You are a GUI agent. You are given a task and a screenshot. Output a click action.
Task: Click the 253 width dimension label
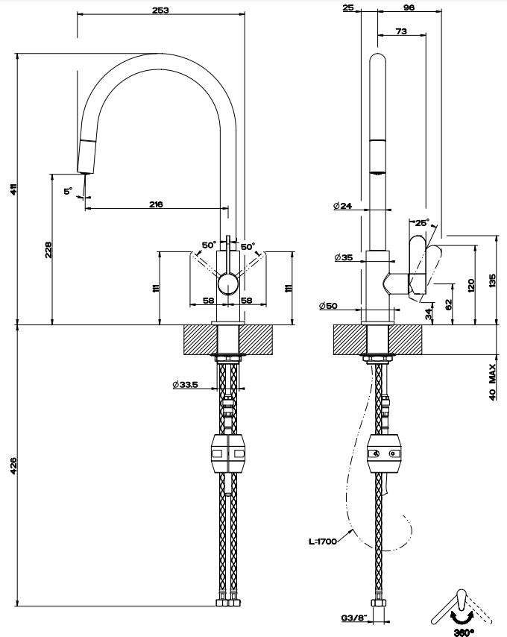160,10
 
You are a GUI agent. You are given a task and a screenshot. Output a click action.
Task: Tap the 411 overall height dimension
14,189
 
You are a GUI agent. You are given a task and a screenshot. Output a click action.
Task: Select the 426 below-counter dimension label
14,465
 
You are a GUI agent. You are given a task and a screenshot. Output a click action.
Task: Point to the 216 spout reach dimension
156,204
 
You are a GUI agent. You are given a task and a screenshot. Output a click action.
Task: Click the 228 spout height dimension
48,250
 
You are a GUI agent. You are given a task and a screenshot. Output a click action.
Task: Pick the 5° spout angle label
68,190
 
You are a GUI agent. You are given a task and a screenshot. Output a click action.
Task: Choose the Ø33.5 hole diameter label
186,384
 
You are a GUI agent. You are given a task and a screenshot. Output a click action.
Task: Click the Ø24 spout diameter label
343,206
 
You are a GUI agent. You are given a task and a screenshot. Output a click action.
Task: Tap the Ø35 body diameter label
344,257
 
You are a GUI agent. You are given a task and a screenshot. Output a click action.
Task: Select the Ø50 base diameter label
328,306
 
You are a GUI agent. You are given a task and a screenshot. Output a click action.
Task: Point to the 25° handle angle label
422,222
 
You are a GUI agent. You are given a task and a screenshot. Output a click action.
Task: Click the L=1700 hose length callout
323,541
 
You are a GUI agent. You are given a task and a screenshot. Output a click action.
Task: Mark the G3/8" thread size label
354,618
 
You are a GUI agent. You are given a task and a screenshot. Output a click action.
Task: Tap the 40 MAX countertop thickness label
492,383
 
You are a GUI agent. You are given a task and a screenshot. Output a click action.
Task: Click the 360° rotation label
464,632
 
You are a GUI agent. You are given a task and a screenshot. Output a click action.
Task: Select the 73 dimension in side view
401,31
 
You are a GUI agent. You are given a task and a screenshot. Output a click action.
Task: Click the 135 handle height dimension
492,280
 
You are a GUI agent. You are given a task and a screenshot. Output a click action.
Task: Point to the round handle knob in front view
228,284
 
